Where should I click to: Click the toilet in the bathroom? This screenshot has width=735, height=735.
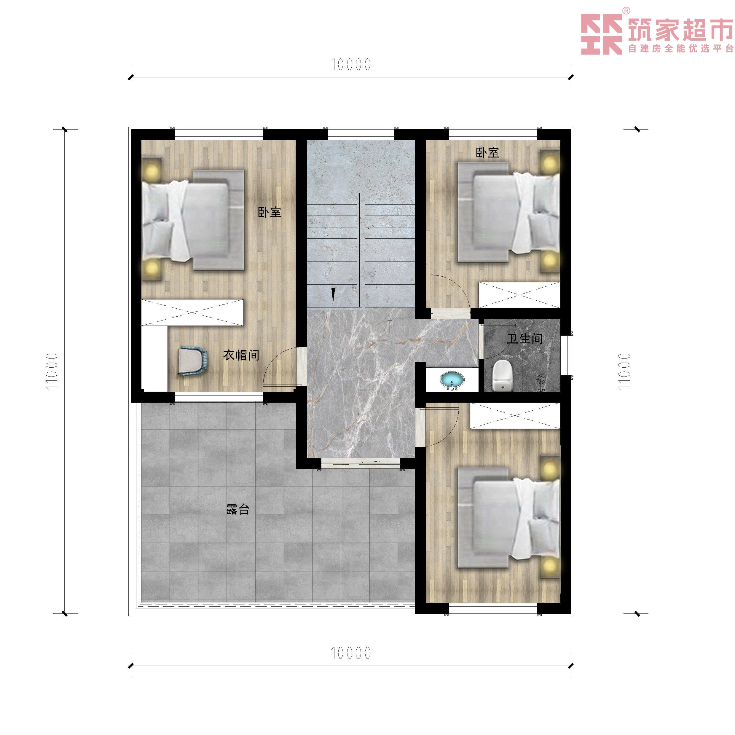503,375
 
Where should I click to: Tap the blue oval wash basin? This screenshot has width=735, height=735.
452,380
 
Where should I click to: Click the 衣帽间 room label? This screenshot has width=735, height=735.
241,355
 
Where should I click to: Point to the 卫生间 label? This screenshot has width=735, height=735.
524,338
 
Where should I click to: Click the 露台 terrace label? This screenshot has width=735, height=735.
238,509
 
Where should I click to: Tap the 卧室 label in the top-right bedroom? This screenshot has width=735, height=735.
487,153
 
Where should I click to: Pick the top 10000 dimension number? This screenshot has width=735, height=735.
351,65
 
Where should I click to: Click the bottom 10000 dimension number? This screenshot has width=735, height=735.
351,653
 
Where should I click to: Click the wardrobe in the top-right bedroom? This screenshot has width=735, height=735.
519,295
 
